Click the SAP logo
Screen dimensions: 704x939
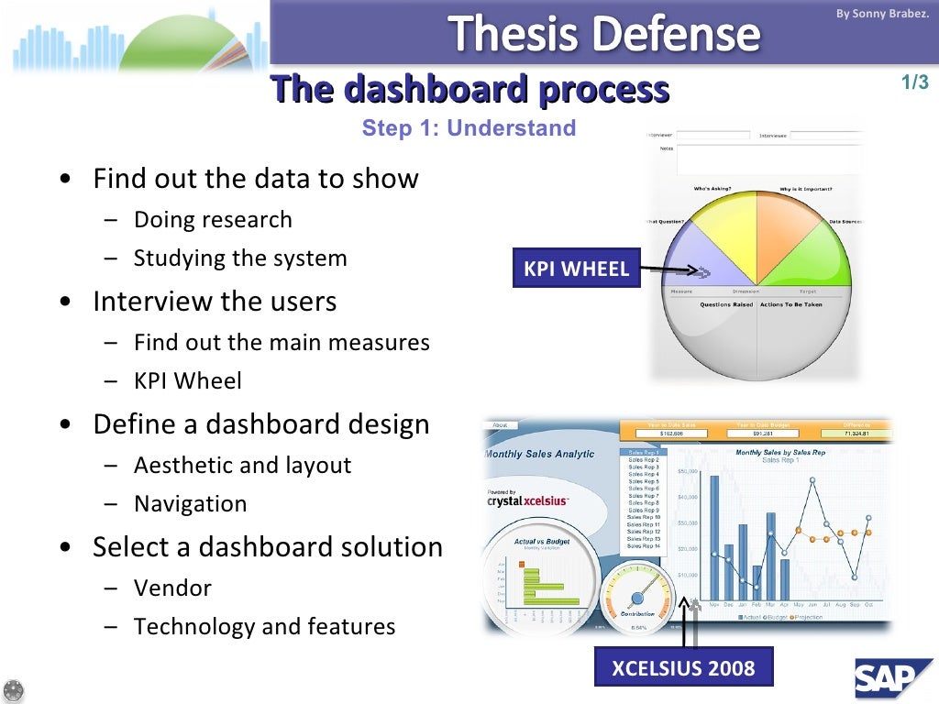coord(889,679)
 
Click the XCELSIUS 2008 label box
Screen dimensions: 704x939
coord(683,667)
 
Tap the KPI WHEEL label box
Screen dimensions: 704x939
coord(576,269)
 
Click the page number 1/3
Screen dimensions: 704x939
coord(914,82)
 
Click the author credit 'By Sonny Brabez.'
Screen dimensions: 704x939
coord(875,14)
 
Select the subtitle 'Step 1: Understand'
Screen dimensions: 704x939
coord(469,128)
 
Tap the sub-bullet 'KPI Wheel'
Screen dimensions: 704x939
coord(187,380)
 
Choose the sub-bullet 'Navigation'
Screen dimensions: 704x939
coord(190,504)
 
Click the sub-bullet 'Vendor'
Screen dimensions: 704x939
coord(172,588)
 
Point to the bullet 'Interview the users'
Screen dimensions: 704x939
coord(215,302)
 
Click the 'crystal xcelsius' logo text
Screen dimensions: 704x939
coord(527,500)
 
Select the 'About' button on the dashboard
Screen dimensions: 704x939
coord(500,425)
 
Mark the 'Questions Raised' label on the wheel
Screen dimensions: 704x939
coord(726,304)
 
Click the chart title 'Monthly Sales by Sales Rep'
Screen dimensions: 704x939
coord(780,452)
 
